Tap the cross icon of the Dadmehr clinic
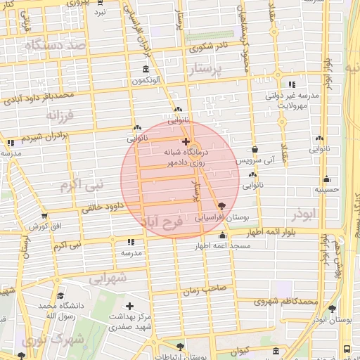coord(186,141)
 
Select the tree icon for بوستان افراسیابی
coord(222,206)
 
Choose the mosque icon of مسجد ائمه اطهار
coord(222,235)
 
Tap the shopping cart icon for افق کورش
coord(45,215)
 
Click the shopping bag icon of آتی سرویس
coord(255,150)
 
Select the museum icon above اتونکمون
coord(146,70)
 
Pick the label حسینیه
coord(327,189)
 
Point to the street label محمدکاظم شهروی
coord(287,302)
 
